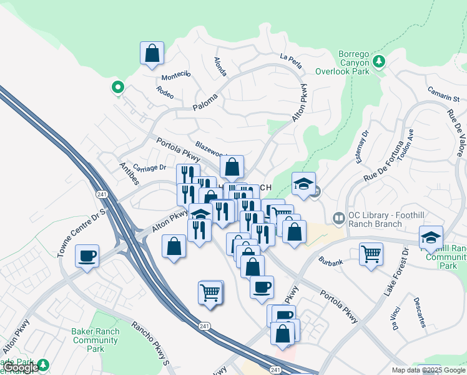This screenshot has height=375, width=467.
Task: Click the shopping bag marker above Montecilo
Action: pyautogui.click(x=152, y=54)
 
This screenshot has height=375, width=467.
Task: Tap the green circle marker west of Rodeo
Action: pyautogui.click(x=116, y=87)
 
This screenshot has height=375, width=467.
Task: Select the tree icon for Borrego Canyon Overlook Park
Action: pyautogui.click(x=379, y=61)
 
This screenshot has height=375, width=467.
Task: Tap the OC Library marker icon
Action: pyautogui.click(x=339, y=218)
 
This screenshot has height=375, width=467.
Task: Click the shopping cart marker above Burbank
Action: pyautogui.click(x=371, y=254)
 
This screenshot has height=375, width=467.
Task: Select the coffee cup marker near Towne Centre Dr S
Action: pyautogui.click(x=87, y=256)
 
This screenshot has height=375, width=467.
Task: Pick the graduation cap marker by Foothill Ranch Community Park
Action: pyautogui.click(x=431, y=237)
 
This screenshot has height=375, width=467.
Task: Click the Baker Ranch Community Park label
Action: pyautogui.click(x=95, y=341)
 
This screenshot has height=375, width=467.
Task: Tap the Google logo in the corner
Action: pyautogui.click(x=21, y=367)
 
